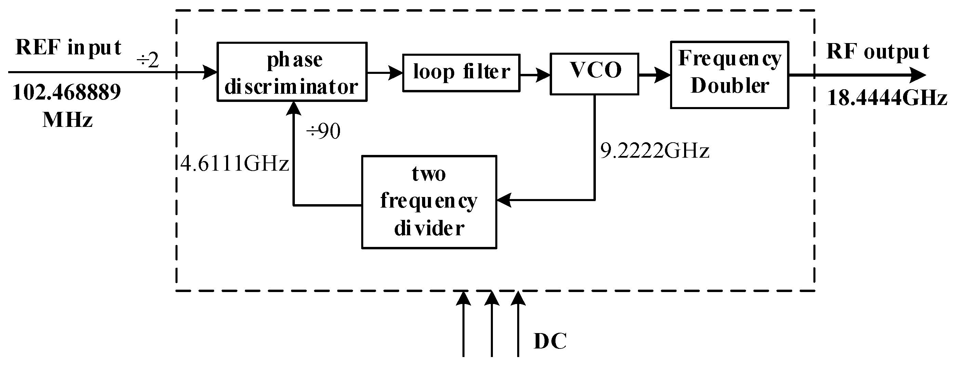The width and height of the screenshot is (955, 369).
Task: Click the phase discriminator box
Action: tap(292, 72)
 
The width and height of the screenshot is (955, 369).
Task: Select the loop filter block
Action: tap(461, 73)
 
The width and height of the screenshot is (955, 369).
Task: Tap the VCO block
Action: tap(594, 74)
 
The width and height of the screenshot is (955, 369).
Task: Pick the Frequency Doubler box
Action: tap(729, 75)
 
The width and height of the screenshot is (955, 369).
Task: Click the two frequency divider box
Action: tap(429, 202)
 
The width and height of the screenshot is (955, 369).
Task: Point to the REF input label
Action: tap(69, 48)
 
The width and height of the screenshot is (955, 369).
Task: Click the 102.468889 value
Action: tap(67, 92)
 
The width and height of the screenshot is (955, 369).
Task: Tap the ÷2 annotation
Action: tap(148, 60)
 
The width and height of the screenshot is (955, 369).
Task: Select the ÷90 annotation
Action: tap(323, 131)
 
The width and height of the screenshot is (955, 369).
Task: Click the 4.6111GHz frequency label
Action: tap(234, 163)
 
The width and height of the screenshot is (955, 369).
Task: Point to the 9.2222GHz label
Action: tap(655, 151)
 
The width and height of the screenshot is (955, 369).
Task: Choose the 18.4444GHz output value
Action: tap(887, 98)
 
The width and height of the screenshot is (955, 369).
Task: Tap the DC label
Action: tap(550, 341)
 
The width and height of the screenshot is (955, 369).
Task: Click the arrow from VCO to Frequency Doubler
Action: tap(654, 75)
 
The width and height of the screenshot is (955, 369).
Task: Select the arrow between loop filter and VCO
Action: tap(535, 75)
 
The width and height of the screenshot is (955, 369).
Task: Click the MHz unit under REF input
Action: tap(67, 120)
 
